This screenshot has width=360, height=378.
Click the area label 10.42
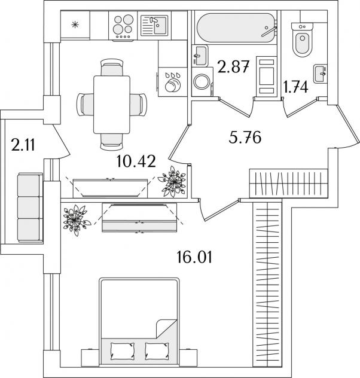(138, 161)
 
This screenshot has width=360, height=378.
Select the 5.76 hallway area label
(245, 139)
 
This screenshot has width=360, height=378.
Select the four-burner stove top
(123, 27)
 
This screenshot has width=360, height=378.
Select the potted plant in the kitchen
(175, 180)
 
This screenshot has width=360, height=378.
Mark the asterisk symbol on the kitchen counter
(75, 25)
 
